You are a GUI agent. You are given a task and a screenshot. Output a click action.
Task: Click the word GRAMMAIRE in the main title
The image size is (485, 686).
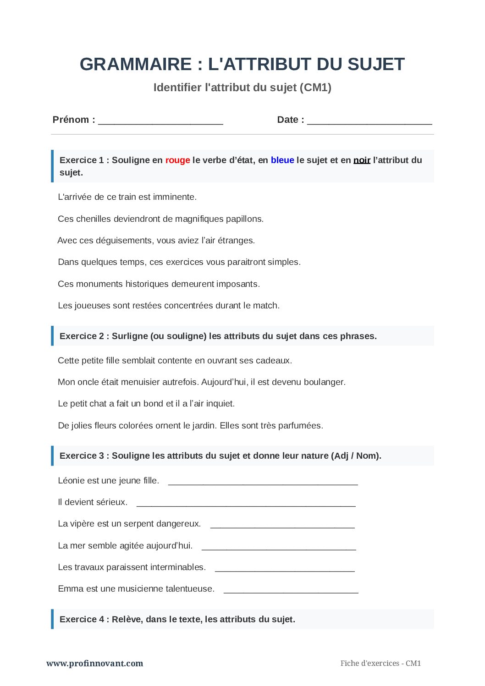pyautogui.click(x=136, y=64)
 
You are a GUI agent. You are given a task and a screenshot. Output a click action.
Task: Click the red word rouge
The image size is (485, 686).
pyautogui.click(x=177, y=160)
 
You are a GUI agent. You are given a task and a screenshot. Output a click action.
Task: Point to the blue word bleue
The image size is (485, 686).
pyautogui.click(x=282, y=160)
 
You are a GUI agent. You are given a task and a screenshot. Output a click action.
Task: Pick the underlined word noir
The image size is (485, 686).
pyautogui.click(x=362, y=160)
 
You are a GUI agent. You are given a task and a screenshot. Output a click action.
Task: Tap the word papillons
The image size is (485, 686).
pyautogui.click(x=244, y=219)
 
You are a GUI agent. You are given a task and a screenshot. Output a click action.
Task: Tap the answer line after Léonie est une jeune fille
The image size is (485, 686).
pyautogui.click(x=263, y=482)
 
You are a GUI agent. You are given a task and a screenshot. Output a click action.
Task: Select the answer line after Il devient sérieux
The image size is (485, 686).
pyautogui.click(x=246, y=504)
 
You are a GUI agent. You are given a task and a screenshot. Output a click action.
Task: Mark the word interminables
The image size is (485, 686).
pyautogui.click(x=178, y=567)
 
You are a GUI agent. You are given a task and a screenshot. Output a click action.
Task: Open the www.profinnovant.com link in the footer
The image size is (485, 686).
pyautogui.click(x=94, y=663)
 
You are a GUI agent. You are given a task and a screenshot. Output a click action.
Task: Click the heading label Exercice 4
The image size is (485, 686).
pyautogui.click(x=82, y=620)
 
